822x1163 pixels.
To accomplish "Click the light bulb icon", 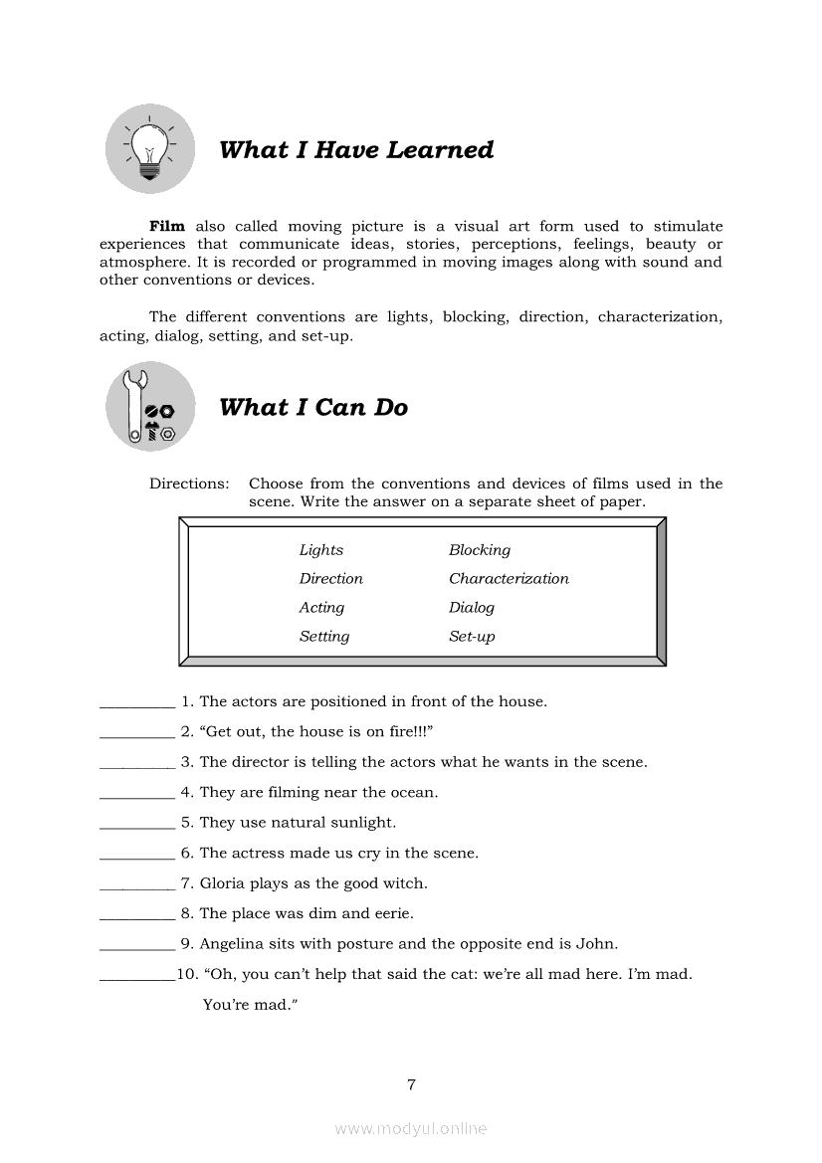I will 150,150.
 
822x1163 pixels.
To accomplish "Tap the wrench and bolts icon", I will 150,407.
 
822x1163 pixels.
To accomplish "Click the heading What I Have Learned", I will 356,150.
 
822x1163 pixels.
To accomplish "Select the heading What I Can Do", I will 313,408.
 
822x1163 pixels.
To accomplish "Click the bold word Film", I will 167,227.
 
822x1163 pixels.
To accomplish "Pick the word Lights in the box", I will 321,550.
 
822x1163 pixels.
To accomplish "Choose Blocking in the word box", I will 480,550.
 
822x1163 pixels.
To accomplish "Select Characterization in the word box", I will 509,579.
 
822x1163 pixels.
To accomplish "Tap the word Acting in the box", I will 321,608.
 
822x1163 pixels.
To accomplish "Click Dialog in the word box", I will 472,608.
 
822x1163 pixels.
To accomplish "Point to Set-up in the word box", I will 472,637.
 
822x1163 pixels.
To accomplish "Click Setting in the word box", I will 324,637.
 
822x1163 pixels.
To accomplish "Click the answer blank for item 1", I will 137,704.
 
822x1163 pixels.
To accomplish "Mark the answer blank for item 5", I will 137,826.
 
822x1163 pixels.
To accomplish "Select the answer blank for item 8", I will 137,916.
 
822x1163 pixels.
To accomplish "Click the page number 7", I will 411,1084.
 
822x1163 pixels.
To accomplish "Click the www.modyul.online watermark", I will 411,1129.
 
